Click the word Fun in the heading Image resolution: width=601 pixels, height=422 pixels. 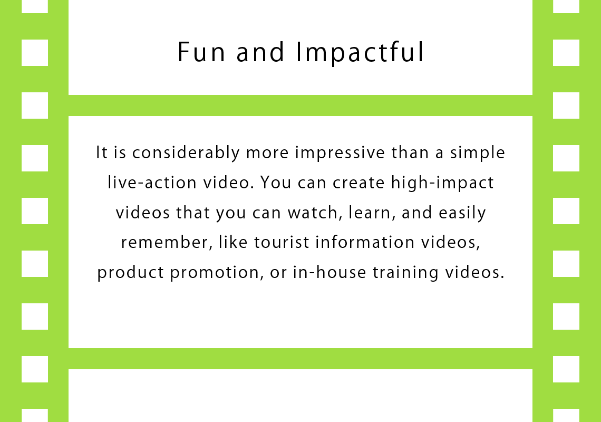tap(201, 52)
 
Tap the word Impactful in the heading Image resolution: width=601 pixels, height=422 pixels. tap(360, 53)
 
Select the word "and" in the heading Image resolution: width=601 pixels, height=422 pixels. tap(260, 52)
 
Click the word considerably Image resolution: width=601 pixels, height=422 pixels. tap(186, 152)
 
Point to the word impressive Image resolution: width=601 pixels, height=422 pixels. tap(340, 152)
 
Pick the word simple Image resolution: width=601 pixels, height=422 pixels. tap(477, 152)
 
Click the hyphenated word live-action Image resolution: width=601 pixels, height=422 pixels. tap(152, 183)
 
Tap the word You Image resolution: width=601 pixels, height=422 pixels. tap(276, 183)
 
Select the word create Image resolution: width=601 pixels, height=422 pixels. tap(358, 183)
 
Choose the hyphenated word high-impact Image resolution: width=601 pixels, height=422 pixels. tap(442, 183)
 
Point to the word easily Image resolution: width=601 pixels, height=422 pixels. tap(462, 213)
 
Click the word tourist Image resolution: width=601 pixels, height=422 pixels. tap(282, 243)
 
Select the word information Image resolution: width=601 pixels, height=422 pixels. tap(365, 243)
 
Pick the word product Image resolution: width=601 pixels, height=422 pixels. tap(131, 273)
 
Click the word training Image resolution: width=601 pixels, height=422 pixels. tap(405, 273)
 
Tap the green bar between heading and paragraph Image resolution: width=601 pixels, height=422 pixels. tap(300, 105)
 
